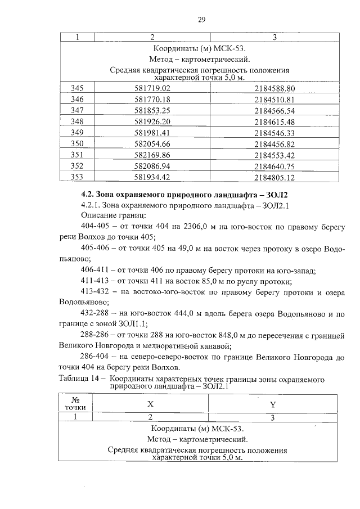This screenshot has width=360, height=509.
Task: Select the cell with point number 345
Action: [78, 89]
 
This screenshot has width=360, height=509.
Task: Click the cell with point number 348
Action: [78, 121]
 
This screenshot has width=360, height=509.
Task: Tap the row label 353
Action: [78, 177]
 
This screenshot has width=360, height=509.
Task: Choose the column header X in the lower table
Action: [150, 404]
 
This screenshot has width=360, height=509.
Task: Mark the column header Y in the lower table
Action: [273, 404]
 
